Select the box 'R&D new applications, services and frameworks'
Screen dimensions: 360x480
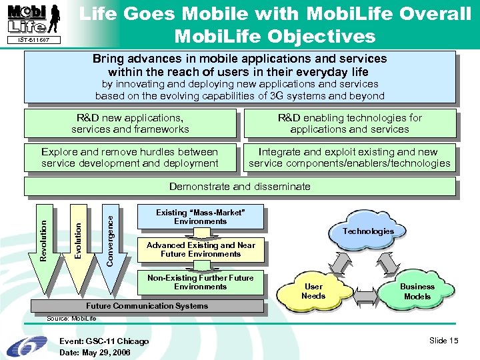pos(130,123)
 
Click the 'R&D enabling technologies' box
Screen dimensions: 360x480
pos(349,123)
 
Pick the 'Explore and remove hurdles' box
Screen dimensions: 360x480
pos(130,157)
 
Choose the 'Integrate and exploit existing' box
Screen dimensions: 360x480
pos(349,157)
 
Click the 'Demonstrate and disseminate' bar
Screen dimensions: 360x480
pos(239,187)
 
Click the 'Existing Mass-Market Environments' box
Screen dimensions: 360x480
pos(200,217)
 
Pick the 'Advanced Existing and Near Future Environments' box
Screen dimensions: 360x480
pos(201,249)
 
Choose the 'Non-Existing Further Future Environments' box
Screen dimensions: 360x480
pos(200,282)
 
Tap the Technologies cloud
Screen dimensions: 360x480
pos(368,231)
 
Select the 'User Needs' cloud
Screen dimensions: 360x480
pos(313,291)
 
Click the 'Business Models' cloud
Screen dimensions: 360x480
pos(417,291)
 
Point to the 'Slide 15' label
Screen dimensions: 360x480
pos(444,341)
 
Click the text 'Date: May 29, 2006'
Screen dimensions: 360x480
pos(95,352)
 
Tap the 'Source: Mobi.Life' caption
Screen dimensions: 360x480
pos(67,319)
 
